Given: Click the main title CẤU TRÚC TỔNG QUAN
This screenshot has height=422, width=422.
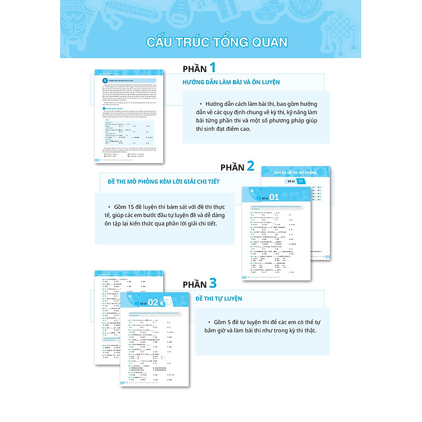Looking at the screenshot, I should point(216,42).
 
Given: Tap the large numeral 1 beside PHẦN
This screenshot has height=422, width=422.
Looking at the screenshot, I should point(212,68).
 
